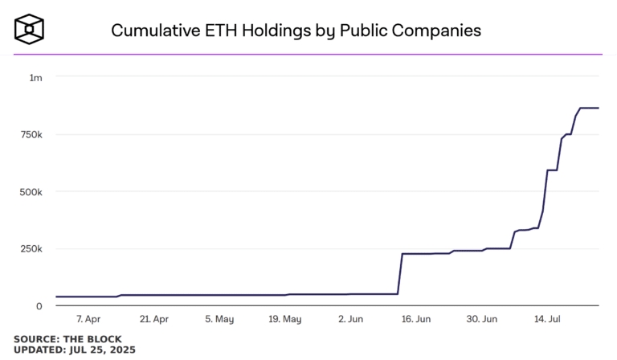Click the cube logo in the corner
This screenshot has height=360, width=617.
coord(29,29)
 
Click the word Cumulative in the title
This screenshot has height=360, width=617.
coord(155,31)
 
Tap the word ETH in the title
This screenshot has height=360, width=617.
coord(221,31)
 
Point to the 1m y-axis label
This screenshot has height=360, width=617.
coord(36,78)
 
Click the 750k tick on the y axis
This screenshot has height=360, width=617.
coord(31,135)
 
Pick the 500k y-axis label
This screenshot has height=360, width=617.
coord(31,192)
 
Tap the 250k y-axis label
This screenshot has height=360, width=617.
coord(31,248)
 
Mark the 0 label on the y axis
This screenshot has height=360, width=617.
coord(39,306)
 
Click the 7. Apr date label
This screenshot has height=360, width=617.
coord(88,319)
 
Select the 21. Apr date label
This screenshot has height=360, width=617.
coord(154,319)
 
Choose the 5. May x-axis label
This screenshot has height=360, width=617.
coord(219,319)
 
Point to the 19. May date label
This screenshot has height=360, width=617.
coord(285,319)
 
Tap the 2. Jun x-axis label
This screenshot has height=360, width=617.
coord(350,319)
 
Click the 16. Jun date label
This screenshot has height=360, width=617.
coord(416,319)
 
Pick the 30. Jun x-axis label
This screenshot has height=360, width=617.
coord(482,319)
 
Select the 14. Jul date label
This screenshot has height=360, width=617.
coord(547,319)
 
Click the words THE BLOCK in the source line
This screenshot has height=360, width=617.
coord(92,339)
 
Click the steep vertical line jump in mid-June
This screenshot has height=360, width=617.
coord(400,274)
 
